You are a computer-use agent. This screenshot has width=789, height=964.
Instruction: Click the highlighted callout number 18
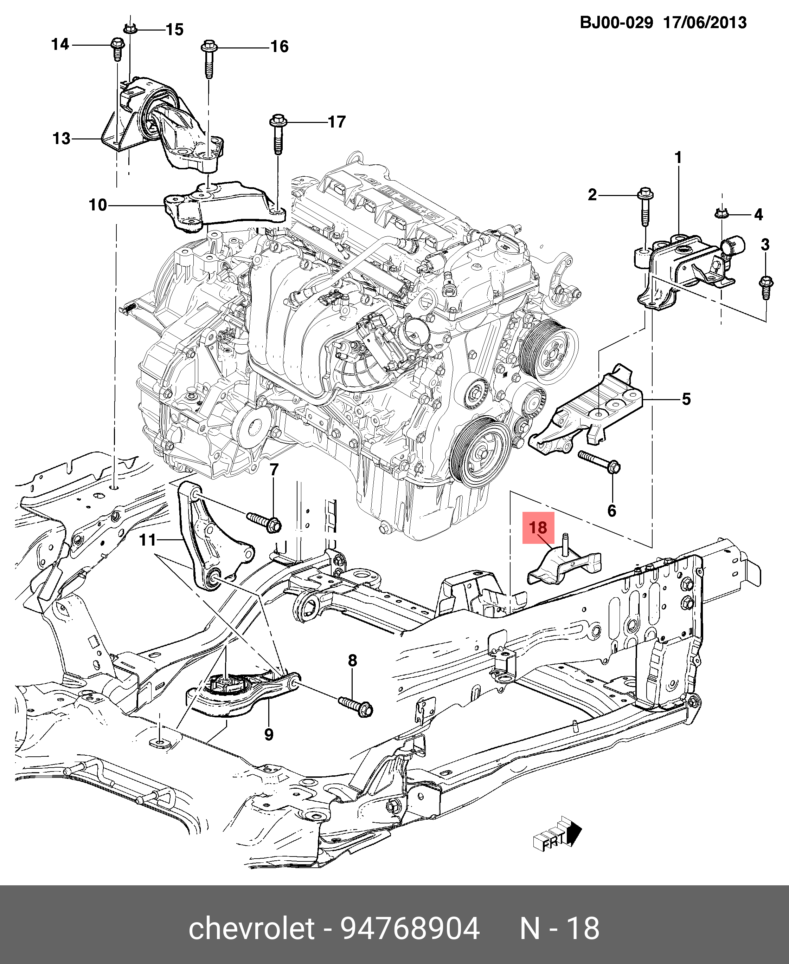[x=538, y=527]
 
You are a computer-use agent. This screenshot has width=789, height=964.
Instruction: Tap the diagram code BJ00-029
[x=616, y=23]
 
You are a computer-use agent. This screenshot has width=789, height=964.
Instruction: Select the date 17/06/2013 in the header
[x=705, y=23]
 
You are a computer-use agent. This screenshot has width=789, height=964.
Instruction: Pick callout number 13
[x=62, y=138]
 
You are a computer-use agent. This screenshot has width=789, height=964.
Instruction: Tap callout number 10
[x=98, y=205]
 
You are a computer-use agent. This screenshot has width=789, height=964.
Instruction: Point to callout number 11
[x=147, y=540]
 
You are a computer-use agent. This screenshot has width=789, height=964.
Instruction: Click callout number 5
[x=686, y=399]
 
